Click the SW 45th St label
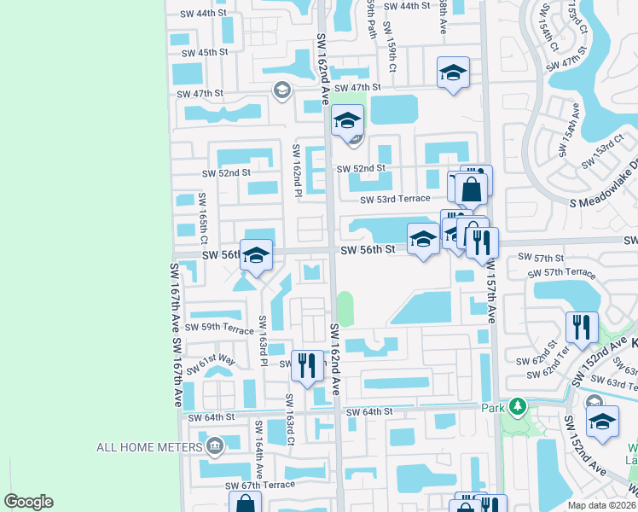click(201, 52)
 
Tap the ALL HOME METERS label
click(148, 446)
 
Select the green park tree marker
click(515, 405)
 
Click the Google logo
click(28, 502)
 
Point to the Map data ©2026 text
click(602, 505)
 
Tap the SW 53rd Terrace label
click(395, 199)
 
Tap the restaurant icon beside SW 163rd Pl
click(308, 366)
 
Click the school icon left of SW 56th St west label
click(255, 254)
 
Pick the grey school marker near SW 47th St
click(281, 90)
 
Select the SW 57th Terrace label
click(560, 272)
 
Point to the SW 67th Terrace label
click(259, 486)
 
